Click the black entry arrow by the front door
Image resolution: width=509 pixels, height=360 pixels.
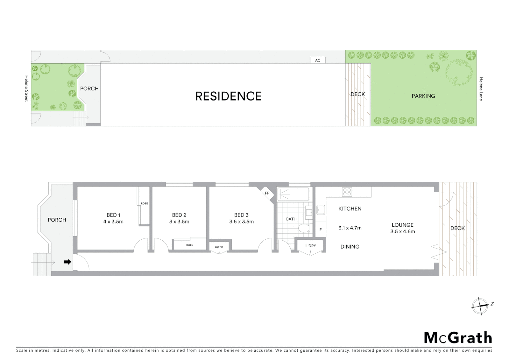67,262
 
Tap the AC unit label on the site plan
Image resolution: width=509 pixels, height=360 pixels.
318,60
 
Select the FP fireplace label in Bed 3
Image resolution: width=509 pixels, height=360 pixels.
267,193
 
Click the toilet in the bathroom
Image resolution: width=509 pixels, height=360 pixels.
304,228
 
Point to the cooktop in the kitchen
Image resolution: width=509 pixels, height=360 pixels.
347,192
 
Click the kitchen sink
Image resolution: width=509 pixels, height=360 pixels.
321,210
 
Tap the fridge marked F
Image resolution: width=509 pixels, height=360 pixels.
321,230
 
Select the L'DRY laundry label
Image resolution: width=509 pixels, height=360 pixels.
311,246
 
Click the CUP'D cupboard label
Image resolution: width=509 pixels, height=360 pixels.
219,247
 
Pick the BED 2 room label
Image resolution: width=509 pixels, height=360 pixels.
179,215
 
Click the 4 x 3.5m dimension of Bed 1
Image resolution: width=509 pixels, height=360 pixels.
113,222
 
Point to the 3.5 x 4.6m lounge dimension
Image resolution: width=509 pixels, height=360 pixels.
403,232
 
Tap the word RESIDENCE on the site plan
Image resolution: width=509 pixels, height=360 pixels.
229,96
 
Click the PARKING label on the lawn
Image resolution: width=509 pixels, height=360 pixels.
423,96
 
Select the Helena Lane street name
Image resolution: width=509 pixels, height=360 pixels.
481,89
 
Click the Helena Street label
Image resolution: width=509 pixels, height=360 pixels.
27,89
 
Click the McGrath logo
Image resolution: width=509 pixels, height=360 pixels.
458,338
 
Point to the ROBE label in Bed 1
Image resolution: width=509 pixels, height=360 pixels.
144,203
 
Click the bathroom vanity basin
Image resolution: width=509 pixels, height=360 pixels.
309,211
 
